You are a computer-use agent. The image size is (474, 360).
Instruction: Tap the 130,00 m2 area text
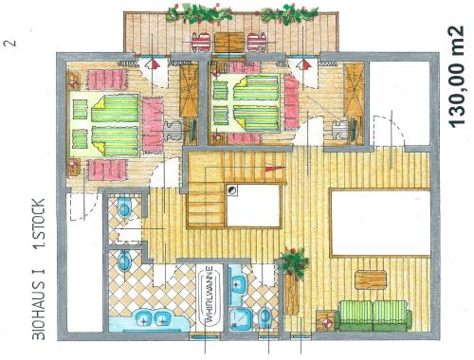(456, 77)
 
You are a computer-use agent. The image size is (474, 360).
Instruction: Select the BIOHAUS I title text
(39, 304)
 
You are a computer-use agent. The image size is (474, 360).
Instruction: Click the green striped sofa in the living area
(374, 315)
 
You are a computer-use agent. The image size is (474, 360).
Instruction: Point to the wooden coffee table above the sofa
(371, 279)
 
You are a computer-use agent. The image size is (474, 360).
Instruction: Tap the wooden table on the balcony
(228, 42)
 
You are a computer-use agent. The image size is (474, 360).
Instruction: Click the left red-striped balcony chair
(201, 42)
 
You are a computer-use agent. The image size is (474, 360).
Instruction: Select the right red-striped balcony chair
(257, 42)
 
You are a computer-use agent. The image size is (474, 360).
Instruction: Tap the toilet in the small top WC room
(124, 207)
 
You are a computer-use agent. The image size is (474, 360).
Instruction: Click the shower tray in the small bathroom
(240, 319)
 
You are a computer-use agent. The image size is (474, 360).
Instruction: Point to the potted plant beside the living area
(295, 261)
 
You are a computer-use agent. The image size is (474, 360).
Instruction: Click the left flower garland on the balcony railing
(199, 14)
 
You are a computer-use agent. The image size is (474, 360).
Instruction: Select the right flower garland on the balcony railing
(289, 14)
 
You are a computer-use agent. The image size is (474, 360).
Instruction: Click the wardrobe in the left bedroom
(189, 92)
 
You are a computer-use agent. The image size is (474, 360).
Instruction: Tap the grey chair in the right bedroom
(340, 129)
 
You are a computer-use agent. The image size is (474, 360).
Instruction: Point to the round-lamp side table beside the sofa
(326, 321)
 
